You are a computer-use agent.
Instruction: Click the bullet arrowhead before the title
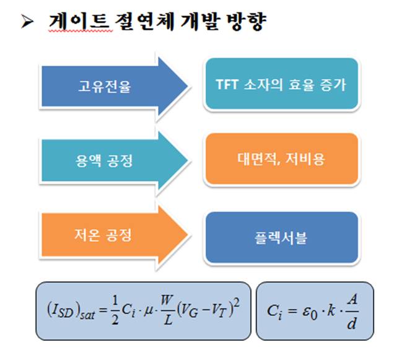pos(27,22)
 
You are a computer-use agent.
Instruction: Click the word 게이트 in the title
pos(79,21)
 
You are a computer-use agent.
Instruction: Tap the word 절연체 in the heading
pos(145,21)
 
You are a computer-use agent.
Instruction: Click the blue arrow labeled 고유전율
pos(115,87)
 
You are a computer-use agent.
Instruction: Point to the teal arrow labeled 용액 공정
pos(115,160)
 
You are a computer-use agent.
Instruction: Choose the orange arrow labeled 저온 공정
pos(115,235)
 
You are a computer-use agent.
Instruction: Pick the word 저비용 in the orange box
pos(305,159)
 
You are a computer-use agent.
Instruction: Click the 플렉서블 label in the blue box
pos(281,237)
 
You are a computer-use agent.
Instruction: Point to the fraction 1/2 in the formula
pos(115,310)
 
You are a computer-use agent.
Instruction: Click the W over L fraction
pos(167,309)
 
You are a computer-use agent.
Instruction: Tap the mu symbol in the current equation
pos(148,310)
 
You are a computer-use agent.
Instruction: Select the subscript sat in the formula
pos(87,315)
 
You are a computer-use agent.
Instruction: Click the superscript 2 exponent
pos(237,302)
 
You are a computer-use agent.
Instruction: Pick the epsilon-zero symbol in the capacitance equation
pos(310,312)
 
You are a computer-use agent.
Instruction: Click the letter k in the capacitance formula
pos(331,310)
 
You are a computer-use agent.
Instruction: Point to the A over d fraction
pos(352,312)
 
